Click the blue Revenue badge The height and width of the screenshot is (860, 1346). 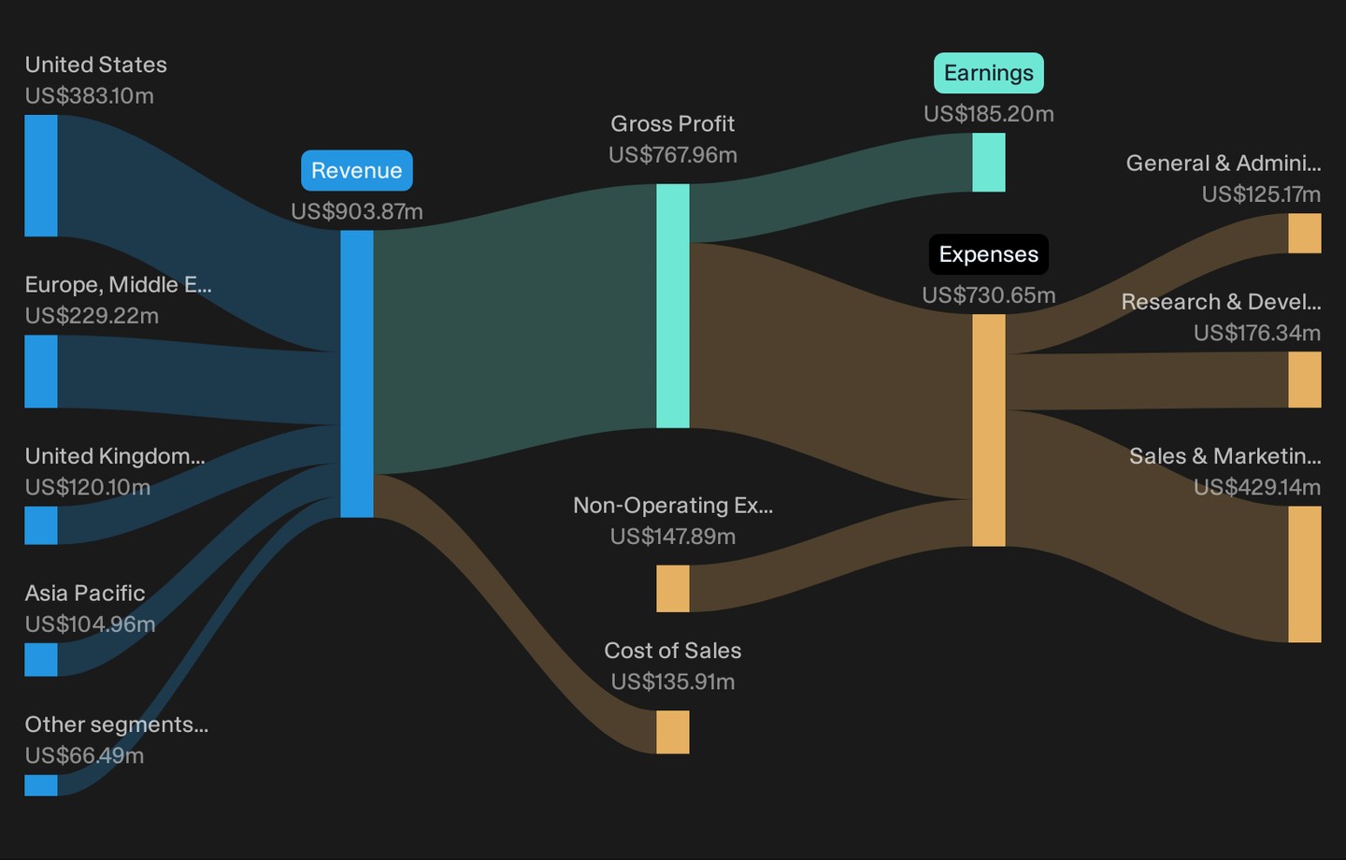[x=357, y=171]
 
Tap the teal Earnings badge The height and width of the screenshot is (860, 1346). [x=989, y=73]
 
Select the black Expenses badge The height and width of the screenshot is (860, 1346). [x=989, y=254]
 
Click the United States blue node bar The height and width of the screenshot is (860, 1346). [x=41, y=176]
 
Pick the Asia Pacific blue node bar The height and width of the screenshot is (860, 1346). [x=41, y=659]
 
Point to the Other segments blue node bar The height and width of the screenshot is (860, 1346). [x=41, y=785]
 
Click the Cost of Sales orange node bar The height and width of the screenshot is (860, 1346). [x=672, y=732]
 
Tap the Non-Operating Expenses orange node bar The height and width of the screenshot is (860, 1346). [x=672, y=588]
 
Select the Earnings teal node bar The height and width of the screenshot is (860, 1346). [x=989, y=163]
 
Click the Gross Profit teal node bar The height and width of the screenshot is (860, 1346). [x=672, y=306]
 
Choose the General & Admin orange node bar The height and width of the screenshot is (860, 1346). [x=1305, y=233]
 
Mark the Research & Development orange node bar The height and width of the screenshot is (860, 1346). [x=1305, y=380]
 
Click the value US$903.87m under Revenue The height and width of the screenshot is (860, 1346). [x=357, y=211]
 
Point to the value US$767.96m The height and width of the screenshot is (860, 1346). [x=672, y=155]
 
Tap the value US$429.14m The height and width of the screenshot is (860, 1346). [x=1257, y=487]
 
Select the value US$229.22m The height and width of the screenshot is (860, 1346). [x=92, y=316]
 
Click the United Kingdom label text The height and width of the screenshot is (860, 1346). [x=115, y=456]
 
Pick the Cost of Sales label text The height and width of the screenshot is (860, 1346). [x=672, y=651]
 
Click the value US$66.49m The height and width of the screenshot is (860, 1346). [x=84, y=755]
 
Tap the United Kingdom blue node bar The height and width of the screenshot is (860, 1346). [x=41, y=525]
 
